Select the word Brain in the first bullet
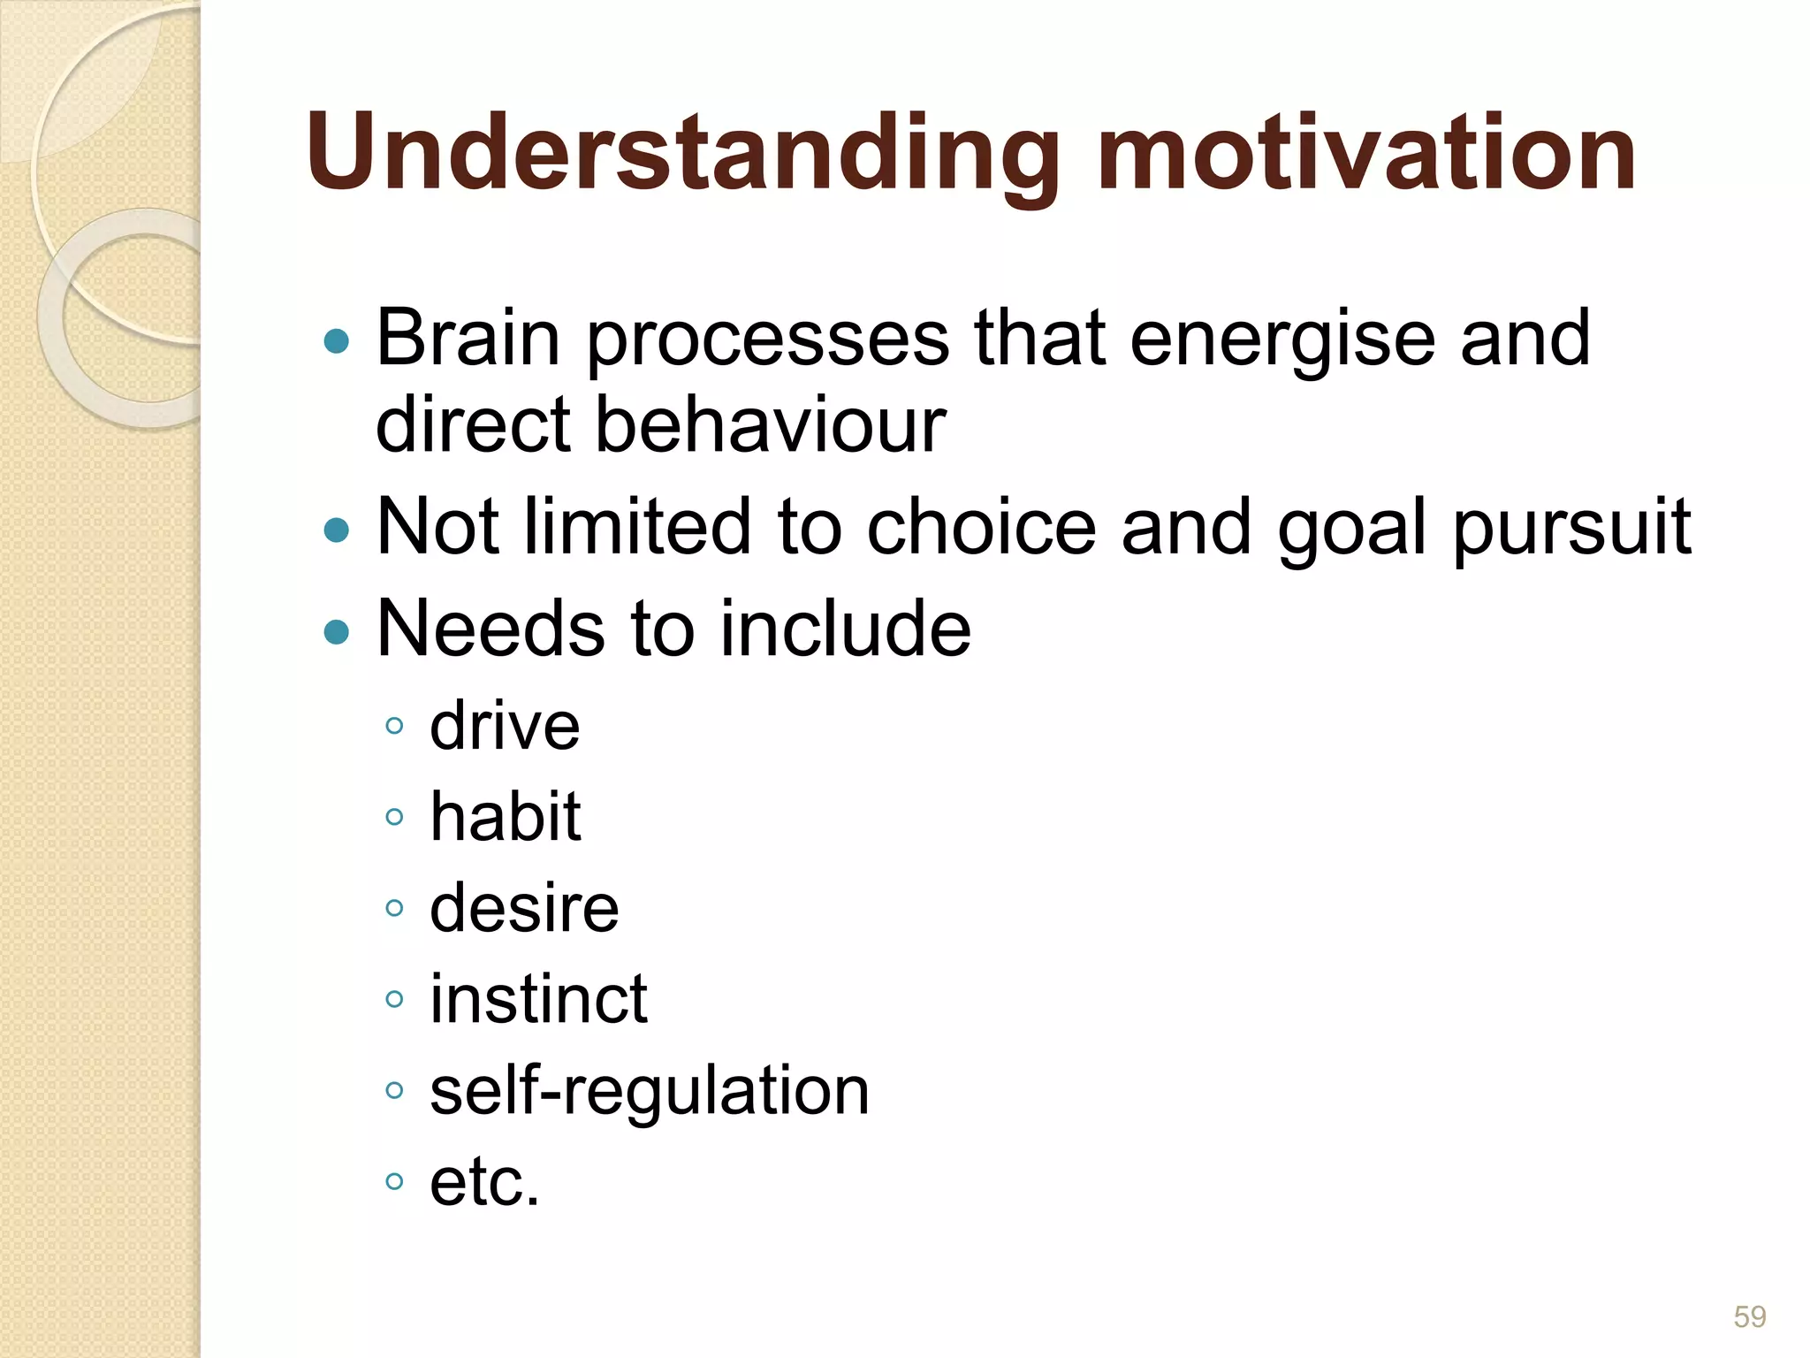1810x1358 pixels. [x=468, y=339]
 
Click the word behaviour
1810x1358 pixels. [x=769, y=424]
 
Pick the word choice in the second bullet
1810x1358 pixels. [x=982, y=528]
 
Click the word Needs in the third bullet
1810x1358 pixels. [x=491, y=629]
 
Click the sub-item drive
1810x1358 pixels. [x=505, y=727]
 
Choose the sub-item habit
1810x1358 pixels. [x=505, y=817]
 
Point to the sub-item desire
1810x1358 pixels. [x=524, y=909]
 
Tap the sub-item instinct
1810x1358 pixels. [x=538, y=999]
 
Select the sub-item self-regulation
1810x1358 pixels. [x=650, y=1091]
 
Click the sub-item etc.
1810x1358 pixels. [x=484, y=1182]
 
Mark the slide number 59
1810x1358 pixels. [x=1749, y=1316]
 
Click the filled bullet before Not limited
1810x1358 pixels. [x=337, y=530]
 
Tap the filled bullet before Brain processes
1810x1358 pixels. [x=337, y=341]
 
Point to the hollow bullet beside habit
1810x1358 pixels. [x=395, y=817]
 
